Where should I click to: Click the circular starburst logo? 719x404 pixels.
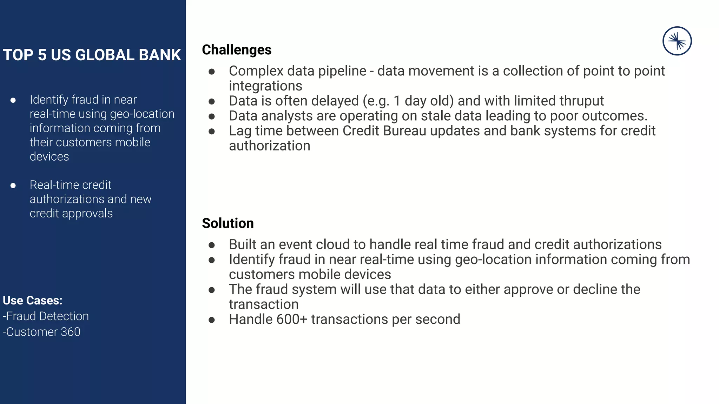677,41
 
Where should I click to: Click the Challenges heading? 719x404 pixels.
237,50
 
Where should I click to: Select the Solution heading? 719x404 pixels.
227,223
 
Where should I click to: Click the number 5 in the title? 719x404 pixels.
42,55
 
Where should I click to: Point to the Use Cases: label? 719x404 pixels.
33,301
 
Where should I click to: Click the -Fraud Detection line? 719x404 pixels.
46,316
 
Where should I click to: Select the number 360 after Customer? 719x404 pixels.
71,332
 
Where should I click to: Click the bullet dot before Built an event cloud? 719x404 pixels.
212,245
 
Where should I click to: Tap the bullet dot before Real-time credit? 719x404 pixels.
13,186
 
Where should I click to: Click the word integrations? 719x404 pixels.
265,86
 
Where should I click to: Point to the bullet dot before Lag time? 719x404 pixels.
212,132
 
